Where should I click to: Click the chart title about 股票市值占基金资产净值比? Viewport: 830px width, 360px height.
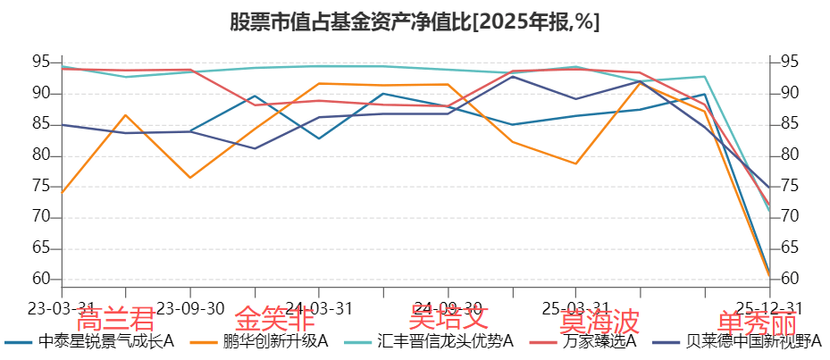[415, 21]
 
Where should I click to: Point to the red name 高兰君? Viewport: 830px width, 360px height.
[115, 319]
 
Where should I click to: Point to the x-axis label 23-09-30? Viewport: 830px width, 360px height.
[190, 308]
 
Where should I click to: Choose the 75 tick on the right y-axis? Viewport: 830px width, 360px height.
[788, 186]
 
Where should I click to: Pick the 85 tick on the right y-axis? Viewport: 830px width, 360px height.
[788, 124]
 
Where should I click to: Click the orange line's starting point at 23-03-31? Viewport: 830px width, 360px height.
[62, 192]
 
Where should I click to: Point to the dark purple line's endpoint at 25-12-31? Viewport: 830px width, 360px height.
[768, 187]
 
